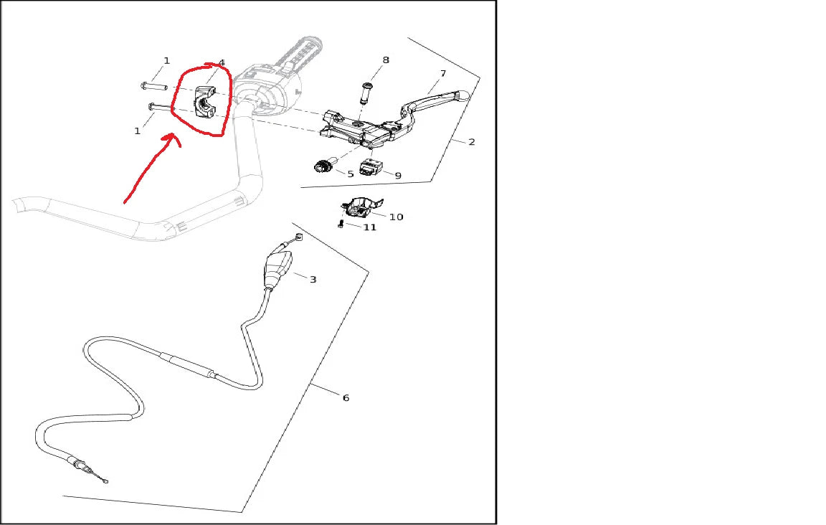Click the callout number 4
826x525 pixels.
[222, 62]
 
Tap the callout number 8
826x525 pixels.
[386, 60]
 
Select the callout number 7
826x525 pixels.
[443, 74]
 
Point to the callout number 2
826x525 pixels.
[472, 142]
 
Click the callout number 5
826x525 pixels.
[351, 174]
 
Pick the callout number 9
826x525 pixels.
[398, 176]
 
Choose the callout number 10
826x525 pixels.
[396, 217]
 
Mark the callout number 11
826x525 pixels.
[370, 227]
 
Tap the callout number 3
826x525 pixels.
[313, 280]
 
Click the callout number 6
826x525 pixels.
[346, 397]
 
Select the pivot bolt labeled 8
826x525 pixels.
[365, 93]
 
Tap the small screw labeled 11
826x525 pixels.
[341, 224]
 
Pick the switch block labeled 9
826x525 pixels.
[369, 168]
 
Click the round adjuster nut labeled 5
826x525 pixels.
[322, 166]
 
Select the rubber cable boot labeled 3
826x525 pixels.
[277, 269]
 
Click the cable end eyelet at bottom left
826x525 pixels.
[106, 481]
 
